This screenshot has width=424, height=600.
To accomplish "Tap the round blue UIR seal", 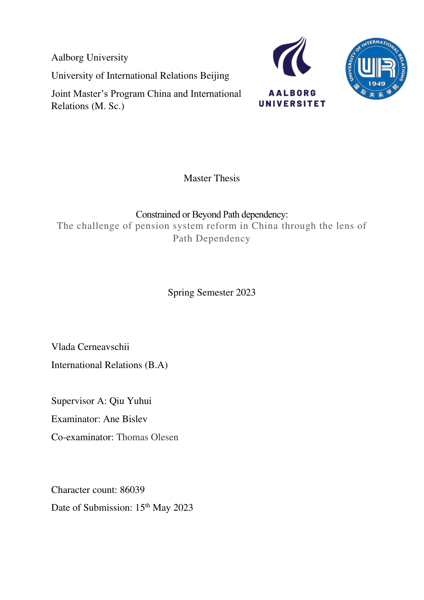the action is (x=376, y=69).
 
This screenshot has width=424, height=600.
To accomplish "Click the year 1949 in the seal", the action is (x=377, y=83).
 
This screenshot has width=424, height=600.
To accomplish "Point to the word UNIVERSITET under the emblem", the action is (x=292, y=104).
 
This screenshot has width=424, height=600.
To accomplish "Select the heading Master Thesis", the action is (x=211, y=178).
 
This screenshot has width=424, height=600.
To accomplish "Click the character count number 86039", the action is (x=132, y=490).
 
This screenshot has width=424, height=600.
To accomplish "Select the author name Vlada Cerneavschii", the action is (x=90, y=347).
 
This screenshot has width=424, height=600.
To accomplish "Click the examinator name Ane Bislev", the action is (x=125, y=419).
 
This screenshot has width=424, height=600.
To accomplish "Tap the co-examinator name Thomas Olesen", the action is (x=147, y=437).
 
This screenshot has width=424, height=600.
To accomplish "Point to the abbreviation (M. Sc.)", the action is (x=108, y=106).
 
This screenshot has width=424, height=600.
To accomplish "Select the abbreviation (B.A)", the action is (x=156, y=365).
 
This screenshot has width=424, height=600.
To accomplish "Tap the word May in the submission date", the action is (x=162, y=508).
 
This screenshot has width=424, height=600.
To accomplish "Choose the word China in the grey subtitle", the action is (x=264, y=226).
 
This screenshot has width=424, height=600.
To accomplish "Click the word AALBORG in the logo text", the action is (x=292, y=93).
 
